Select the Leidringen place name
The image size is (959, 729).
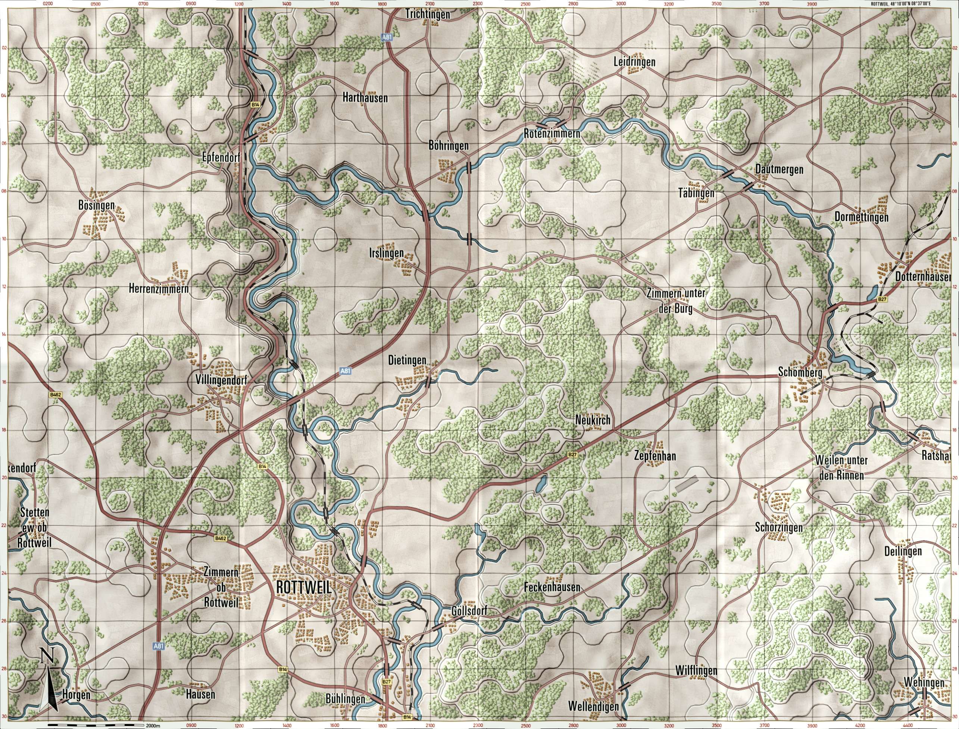pyautogui.click(x=634, y=62)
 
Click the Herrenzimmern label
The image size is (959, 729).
pyautogui.click(x=158, y=288)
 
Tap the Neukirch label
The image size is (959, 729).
pyautogui.click(x=593, y=420)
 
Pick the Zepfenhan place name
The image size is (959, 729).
pyautogui.click(x=655, y=457)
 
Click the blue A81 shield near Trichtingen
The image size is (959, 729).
pyautogui.click(x=387, y=38)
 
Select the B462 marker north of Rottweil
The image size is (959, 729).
pyautogui.click(x=220, y=538)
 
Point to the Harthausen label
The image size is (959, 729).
pyautogui.click(x=365, y=98)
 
